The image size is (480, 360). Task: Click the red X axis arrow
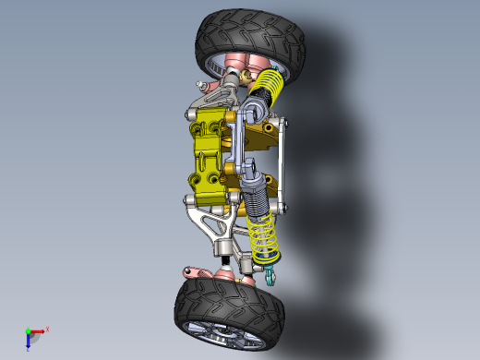39,330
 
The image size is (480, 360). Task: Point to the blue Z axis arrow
29,341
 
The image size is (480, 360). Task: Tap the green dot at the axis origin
28,331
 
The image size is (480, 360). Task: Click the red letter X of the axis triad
47,329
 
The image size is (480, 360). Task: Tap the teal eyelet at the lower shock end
270,274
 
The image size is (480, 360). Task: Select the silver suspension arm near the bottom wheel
217,226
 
